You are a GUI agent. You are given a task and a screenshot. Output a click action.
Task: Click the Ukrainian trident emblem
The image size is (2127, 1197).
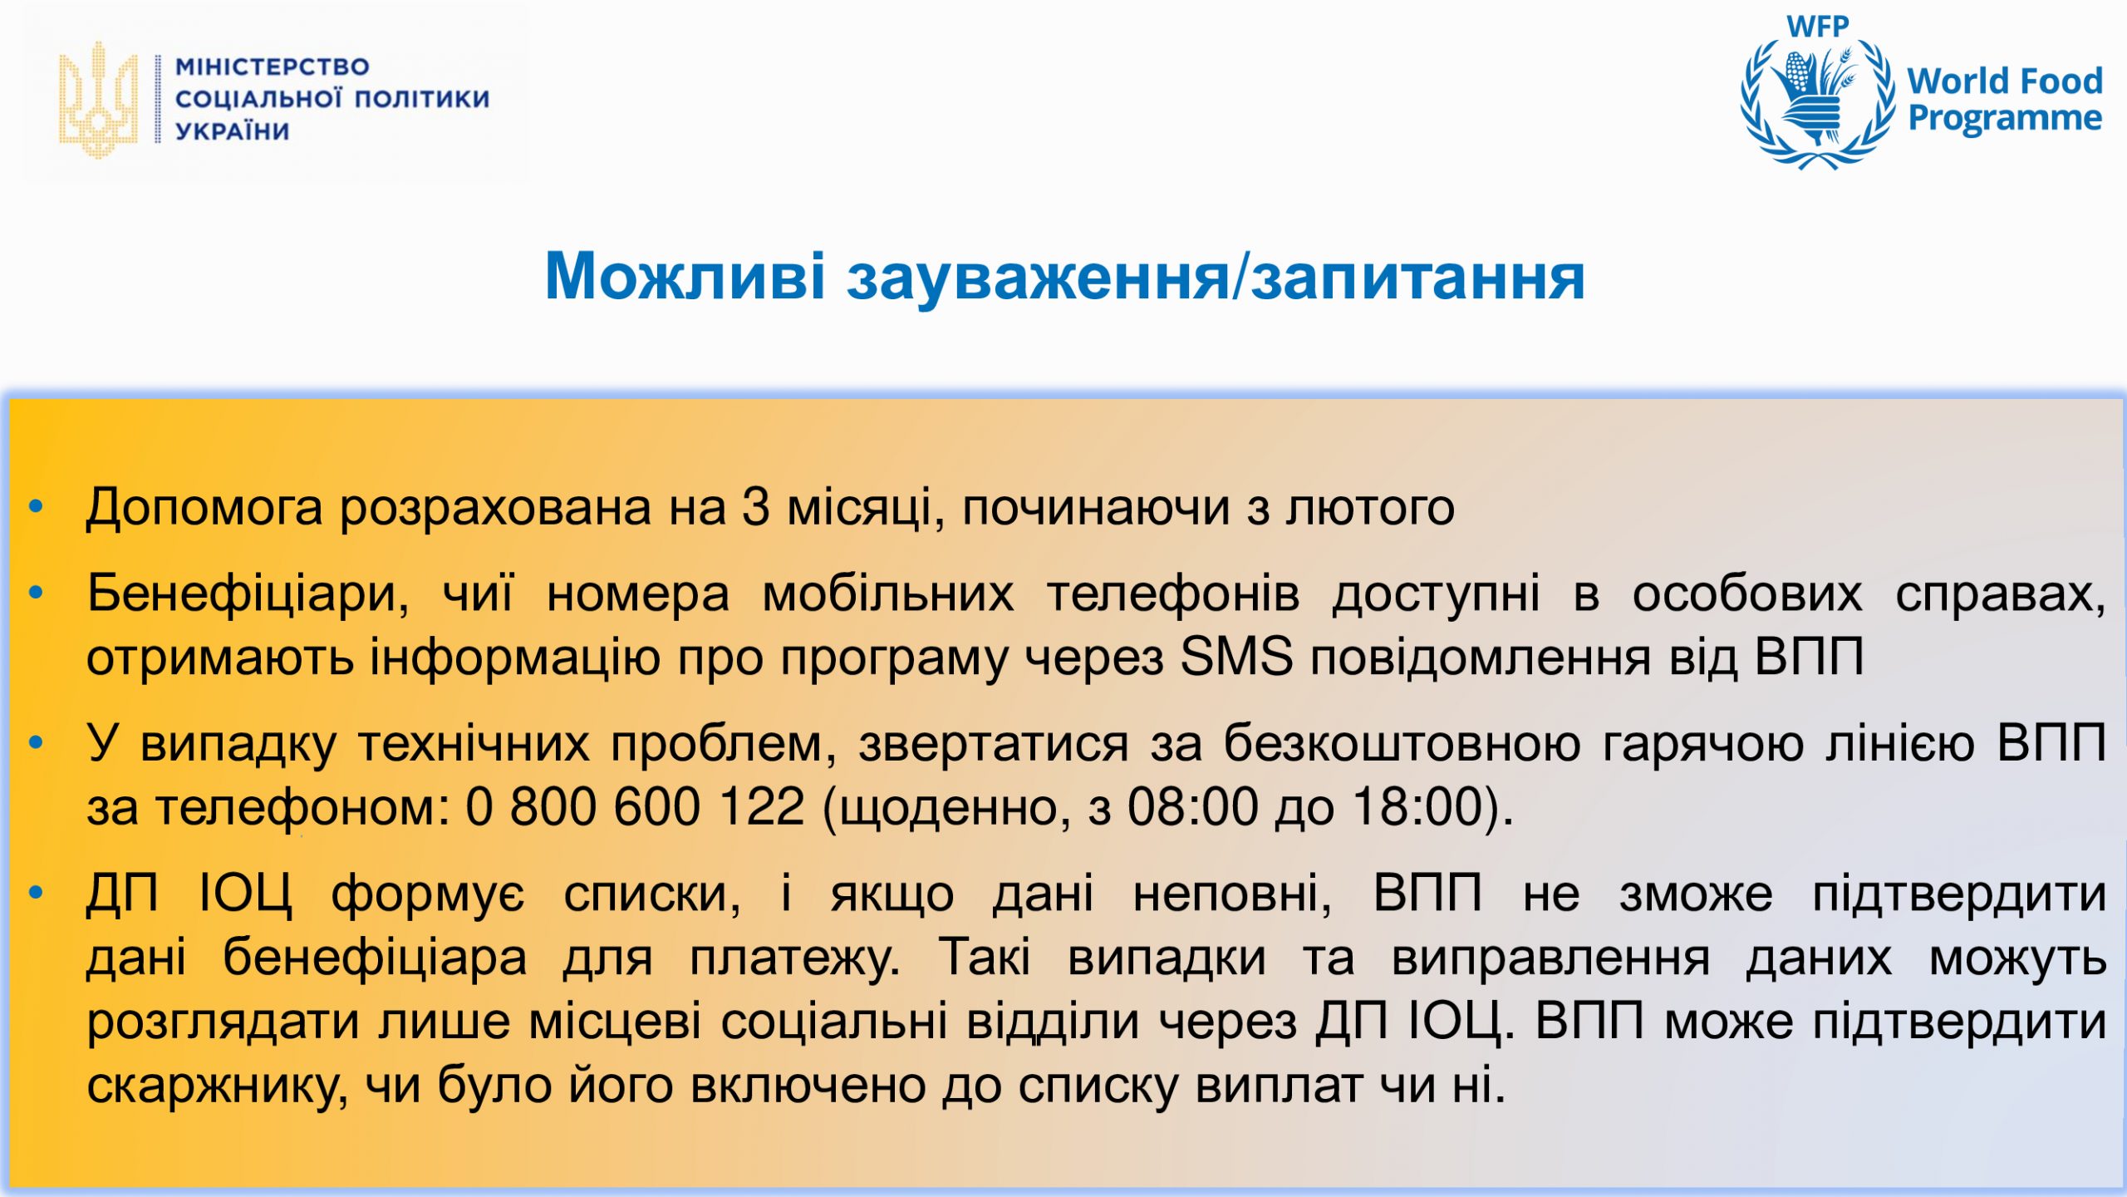(x=98, y=100)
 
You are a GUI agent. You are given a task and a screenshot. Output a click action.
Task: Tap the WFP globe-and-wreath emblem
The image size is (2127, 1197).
(x=1818, y=105)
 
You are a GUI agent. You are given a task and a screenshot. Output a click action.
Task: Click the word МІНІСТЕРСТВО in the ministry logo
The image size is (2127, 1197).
(x=273, y=66)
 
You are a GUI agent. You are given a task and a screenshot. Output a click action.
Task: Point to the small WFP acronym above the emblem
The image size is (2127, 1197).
(x=1818, y=26)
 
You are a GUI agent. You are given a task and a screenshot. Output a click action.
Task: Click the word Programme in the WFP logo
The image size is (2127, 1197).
(x=2005, y=118)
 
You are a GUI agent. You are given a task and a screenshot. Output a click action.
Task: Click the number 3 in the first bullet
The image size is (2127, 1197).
(x=755, y=507)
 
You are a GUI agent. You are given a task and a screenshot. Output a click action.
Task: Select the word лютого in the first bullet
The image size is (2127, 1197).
(x=1370, y=508)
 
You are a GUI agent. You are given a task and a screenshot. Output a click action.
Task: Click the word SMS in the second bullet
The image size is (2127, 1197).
(x=1236, y=657)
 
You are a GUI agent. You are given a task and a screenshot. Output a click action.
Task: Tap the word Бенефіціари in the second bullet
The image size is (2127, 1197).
(x=248, y=594)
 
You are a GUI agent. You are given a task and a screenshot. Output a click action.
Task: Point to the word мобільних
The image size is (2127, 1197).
(x=888, y=594)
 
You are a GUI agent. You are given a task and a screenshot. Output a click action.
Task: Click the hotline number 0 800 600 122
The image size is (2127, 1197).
(x=636, y=806)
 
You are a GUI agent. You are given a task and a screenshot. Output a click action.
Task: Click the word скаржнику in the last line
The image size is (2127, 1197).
(x=217, y=1086)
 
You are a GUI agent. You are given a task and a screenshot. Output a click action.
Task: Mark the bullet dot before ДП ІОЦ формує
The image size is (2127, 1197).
(x=36, y=893)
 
